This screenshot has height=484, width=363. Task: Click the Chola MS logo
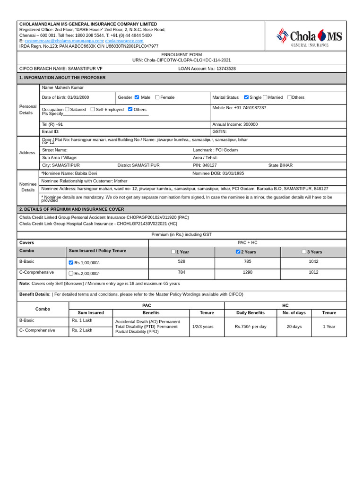coord(309,36)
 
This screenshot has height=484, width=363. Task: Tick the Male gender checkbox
coord(137,97)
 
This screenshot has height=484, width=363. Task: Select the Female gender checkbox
coord(157,97)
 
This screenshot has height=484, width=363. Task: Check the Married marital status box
coord(265,97)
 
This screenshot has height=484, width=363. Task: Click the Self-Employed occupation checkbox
coord(93,109)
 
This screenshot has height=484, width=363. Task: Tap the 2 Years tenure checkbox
coord(238,252)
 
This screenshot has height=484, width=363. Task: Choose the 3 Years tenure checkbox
coord(304,252)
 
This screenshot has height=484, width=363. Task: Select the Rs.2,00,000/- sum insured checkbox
coord(71,273)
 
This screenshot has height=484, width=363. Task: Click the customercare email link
coord(64,41)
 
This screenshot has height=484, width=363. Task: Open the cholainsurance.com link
coord(124,41)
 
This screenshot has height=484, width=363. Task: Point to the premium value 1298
coord(248,272)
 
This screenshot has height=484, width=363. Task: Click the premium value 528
coord(181,261)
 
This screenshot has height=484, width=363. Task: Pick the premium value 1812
coord(313,272)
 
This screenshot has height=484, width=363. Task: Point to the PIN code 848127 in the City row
coord(209,165)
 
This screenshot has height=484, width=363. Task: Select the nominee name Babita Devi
coord(86,173)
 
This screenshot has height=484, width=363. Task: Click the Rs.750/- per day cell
coord(251,327)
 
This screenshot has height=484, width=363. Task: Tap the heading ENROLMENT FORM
coord(181,55)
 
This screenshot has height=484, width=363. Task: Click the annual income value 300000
coord(251,124)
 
